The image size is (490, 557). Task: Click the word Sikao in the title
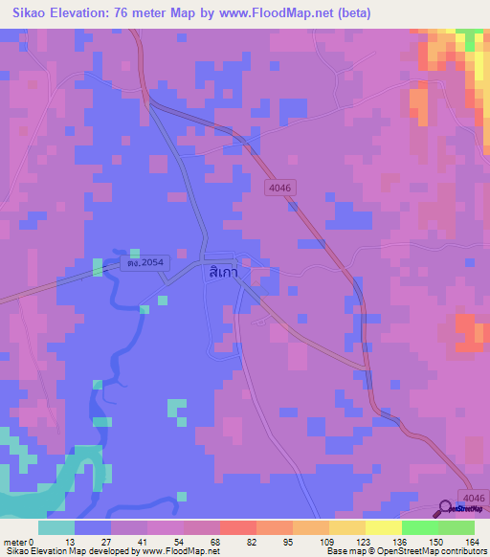28,13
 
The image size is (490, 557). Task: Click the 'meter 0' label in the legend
20,541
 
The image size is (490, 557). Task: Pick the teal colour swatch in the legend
56,527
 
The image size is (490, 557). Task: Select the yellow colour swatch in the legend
383,527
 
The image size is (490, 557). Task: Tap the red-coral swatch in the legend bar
237,527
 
